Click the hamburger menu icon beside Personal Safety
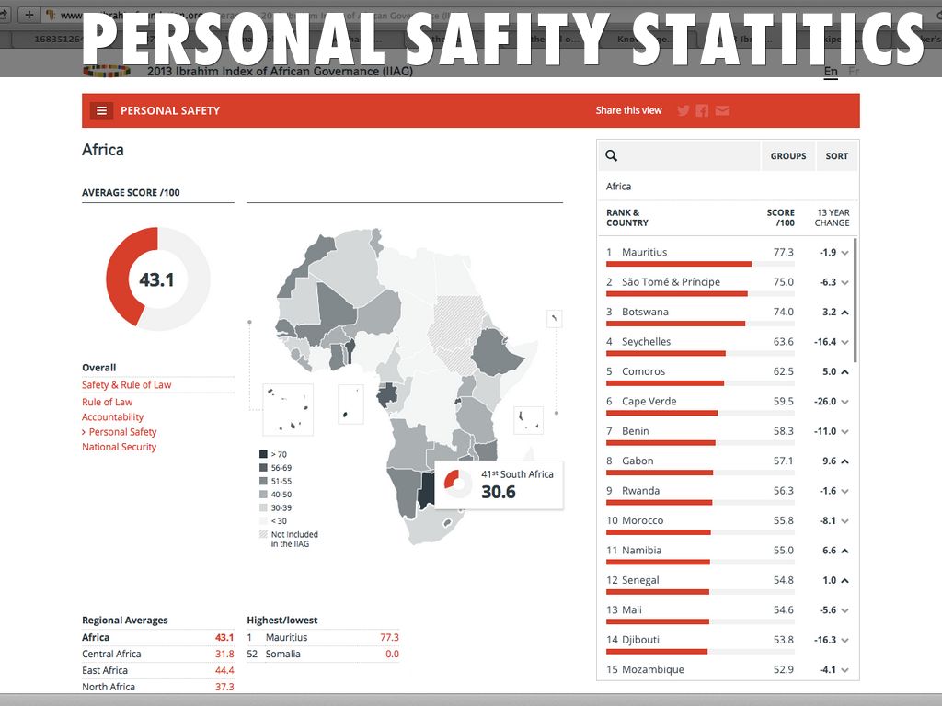click(x=101, y=110)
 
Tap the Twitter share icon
click(x=684, y=110)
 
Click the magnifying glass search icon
click(x=612, y=156)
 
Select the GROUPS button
click(x=788, y=156)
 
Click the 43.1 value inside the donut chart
click(x=157, y=279)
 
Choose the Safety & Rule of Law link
click(x=126, y=385)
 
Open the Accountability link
click(x=112, y=417)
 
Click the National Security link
click(x=119, y=447)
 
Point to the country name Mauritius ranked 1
click(x=644, y=252)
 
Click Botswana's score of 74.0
click(x=783, y=312)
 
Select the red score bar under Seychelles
click(x=666, y=353)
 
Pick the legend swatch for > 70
click(x=263, y=454)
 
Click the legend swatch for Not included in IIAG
click(x=263, y=534)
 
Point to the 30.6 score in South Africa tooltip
click(x=499, y=492)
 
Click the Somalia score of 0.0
click(x=392, y=655)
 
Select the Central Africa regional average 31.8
click(x=224, y=655)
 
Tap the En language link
click(x=831, y=72)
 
